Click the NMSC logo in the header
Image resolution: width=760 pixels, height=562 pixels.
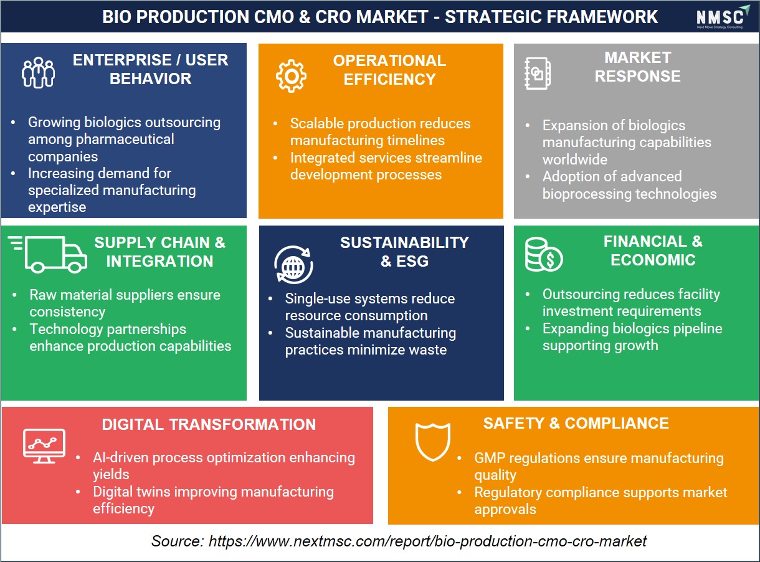[x=722, y=17]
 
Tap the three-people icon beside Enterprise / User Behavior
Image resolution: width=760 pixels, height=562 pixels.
[x=38, y=73]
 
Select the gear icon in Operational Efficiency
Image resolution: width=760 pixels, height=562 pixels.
[x=291, y=76]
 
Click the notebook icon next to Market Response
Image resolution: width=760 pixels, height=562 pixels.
[x=537, y=74]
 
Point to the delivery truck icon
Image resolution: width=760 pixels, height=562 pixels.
[x=47, y=254]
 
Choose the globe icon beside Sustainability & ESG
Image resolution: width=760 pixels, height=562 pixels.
[x=293, y=265]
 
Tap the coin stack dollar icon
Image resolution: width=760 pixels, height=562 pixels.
[x=543, y=254]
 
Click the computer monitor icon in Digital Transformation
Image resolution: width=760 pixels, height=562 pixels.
[x=44, y=446]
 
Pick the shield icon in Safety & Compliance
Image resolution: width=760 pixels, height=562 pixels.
[x=432, y=441]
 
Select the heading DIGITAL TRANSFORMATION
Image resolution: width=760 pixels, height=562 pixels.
[x=209, y=424]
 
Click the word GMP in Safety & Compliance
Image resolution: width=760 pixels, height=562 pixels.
[x=490, y=458]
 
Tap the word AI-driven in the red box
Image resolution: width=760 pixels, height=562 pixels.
[x=120, y=457]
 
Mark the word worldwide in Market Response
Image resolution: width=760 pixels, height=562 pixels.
[x=574, y=160]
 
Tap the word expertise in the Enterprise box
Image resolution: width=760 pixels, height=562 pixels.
[x=57, y=207]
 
